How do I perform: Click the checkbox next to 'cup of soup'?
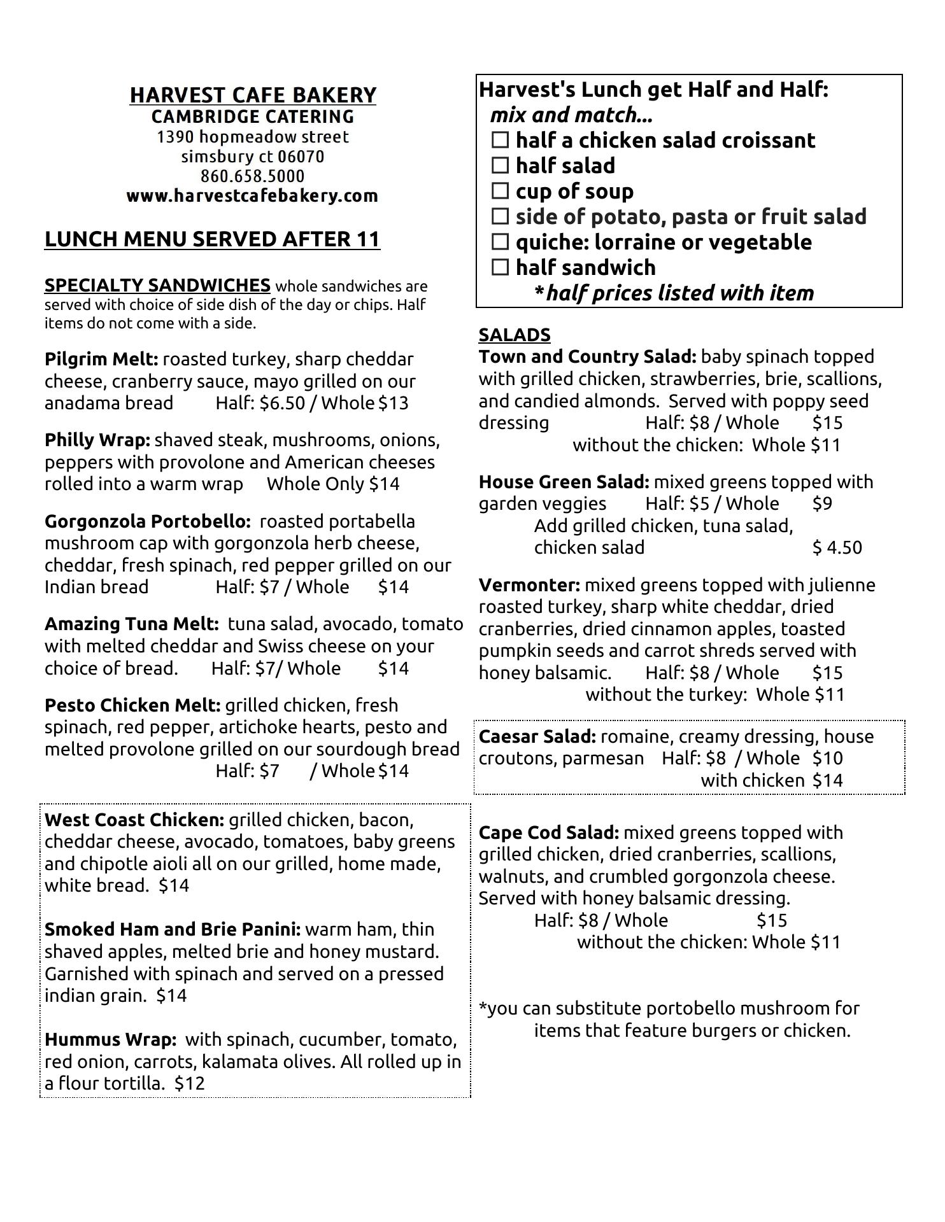tap(501, 192)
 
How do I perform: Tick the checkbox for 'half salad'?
tap(501, 166)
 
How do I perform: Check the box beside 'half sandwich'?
tap(501, 268)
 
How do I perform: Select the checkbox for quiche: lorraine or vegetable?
tap(501, 242)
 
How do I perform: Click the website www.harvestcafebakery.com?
tap(252, 195)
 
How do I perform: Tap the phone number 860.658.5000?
tap(252, 176)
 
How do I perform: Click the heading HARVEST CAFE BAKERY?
tap(253, 95)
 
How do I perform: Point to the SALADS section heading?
tap(515, 335)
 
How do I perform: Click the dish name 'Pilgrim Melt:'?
tap(101, 360)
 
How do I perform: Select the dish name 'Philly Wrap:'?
tap(97, 440)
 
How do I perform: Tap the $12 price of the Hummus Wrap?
tap(190, 1083)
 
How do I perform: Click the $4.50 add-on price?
tap(837, 548)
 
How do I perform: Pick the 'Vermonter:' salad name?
tap(529, 586)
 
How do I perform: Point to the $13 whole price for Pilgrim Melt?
tap(394, 404)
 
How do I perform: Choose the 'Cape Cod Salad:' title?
tap(549, 833)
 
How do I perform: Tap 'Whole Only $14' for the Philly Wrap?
tap(333, 484)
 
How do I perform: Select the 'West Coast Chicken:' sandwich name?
tap(134, 820)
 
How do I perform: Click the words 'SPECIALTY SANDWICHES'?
tap(157, 285)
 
